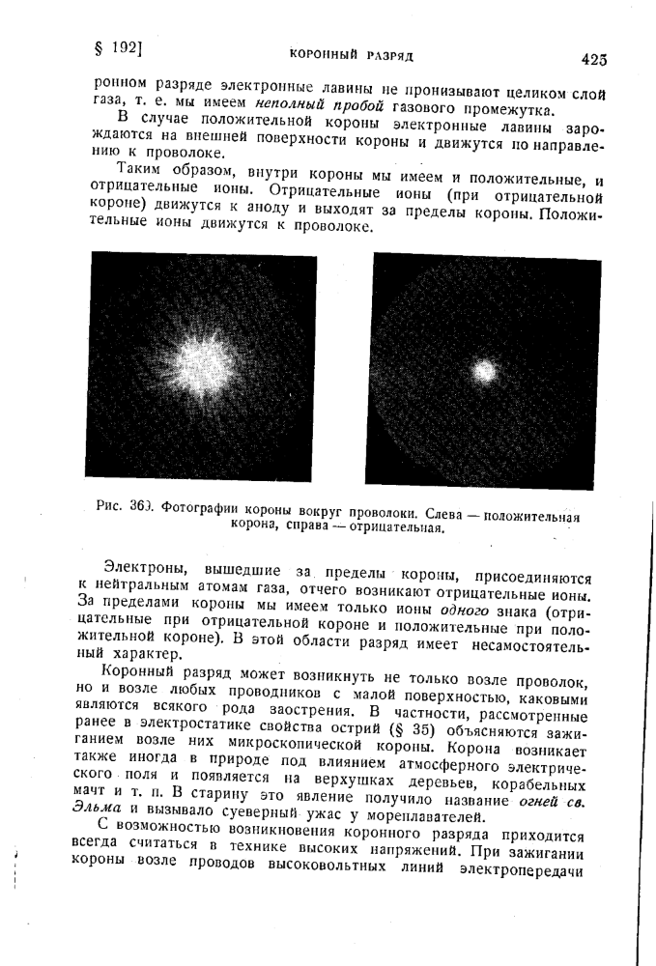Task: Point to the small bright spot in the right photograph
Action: tap(485, 370)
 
